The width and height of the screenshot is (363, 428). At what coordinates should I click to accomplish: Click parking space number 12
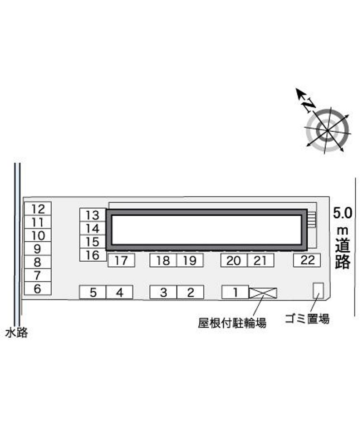[x=38, y=209]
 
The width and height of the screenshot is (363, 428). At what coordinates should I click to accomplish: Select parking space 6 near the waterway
[x=38, y=289]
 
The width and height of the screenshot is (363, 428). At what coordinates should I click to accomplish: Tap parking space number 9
[x=38, y=249]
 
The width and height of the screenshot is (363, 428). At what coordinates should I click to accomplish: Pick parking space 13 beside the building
[x=93, y=215]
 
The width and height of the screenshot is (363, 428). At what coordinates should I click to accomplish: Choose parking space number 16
[x=93, y=255]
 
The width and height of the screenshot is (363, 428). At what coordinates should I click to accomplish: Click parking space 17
[x=121, y=260]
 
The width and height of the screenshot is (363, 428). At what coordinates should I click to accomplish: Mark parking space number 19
[x=190, y=260]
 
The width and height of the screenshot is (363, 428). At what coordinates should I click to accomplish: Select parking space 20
[x=234, y=260]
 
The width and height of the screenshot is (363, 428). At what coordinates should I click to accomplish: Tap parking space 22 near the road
[x=307, y=260]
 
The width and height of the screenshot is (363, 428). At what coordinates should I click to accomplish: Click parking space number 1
[x=235, y=292]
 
